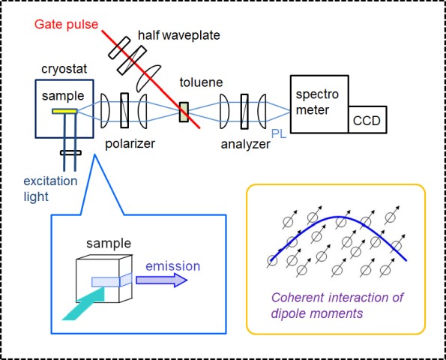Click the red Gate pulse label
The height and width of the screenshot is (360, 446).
pos(66,25)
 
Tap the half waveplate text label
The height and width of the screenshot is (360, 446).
pos(179,35)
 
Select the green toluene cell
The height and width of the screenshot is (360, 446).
pos(184,112)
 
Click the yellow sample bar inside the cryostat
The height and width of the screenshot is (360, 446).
pos(64,111)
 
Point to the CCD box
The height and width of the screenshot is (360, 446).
pos(367,119)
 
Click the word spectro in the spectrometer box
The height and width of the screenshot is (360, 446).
pos(317,94)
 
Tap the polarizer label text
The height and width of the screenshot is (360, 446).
pos(130,144)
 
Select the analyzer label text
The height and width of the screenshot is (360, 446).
pos(245,144)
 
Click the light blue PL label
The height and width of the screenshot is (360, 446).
pos(279,133)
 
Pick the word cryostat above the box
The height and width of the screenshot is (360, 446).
pos(64,70)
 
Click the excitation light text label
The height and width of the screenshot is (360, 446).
pos(50,188)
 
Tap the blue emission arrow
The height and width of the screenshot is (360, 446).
pos(162,280)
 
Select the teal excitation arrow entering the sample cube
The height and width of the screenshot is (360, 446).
pos(84,303)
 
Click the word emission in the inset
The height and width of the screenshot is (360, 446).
pos(173,266)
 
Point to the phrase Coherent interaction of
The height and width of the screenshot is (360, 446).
pos(337,298)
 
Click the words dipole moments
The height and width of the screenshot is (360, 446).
pos(317,313)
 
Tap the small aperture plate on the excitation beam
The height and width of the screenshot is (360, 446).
pos(70,153)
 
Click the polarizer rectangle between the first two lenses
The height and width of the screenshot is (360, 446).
pos(124,110)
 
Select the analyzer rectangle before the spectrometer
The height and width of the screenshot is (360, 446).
pos(244,111)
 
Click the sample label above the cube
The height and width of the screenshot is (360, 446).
pos(109,244)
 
